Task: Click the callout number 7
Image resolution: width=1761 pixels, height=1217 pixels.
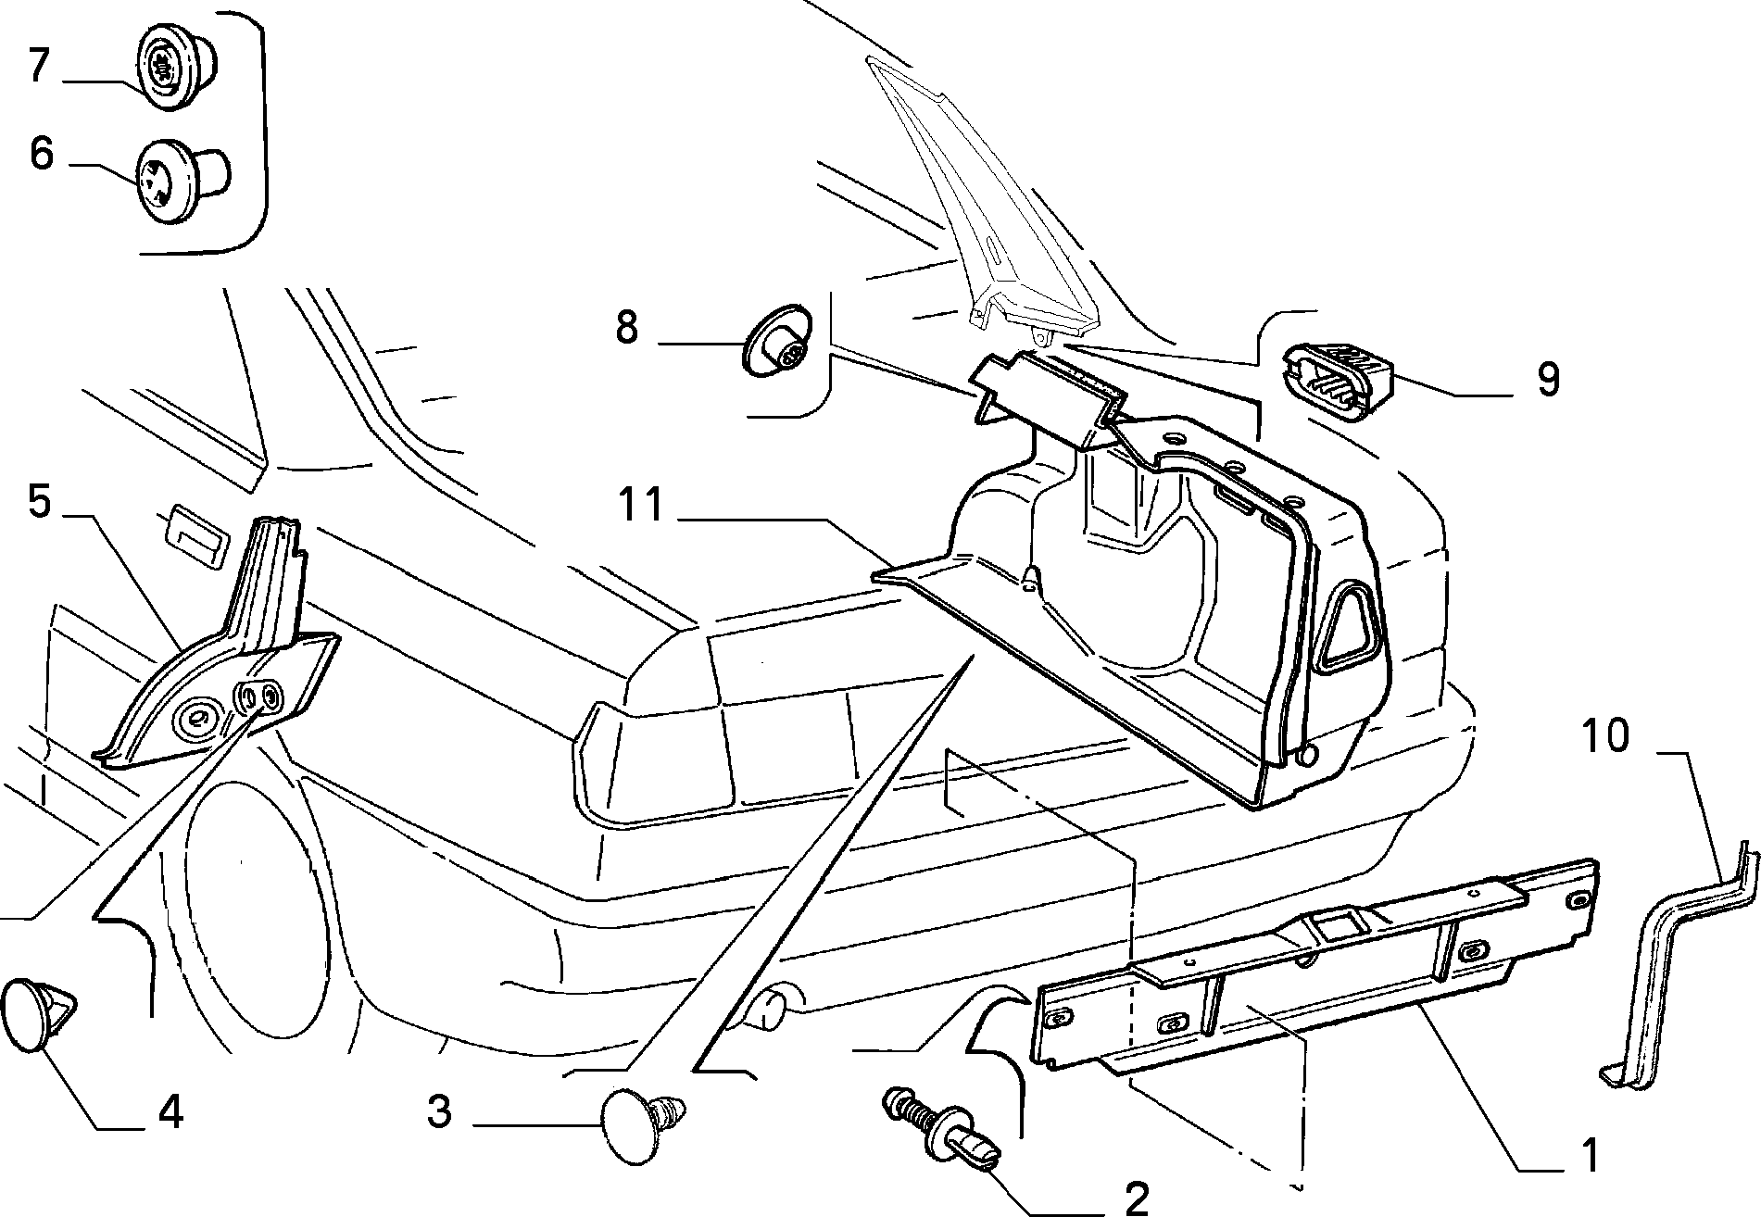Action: click(x=38, y=67)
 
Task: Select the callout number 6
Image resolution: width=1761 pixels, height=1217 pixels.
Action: click(x=41, y=154)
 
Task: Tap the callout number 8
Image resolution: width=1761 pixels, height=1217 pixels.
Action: click(x=627, y=328)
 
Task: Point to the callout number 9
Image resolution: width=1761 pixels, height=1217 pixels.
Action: click(x=1548, y=379)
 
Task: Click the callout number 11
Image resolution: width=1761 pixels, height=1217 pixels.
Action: click(x=642, y=506)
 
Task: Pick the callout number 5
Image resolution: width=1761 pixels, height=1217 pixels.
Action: click(x=39, y=501)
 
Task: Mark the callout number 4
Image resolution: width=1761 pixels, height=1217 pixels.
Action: click(x=170, y=1110)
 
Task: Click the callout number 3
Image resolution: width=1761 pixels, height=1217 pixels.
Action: click(x=440, y=1110)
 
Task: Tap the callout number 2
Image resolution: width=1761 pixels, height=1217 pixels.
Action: click(x=1136, y=1197)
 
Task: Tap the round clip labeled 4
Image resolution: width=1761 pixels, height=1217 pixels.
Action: click(x=40, y=1013)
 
